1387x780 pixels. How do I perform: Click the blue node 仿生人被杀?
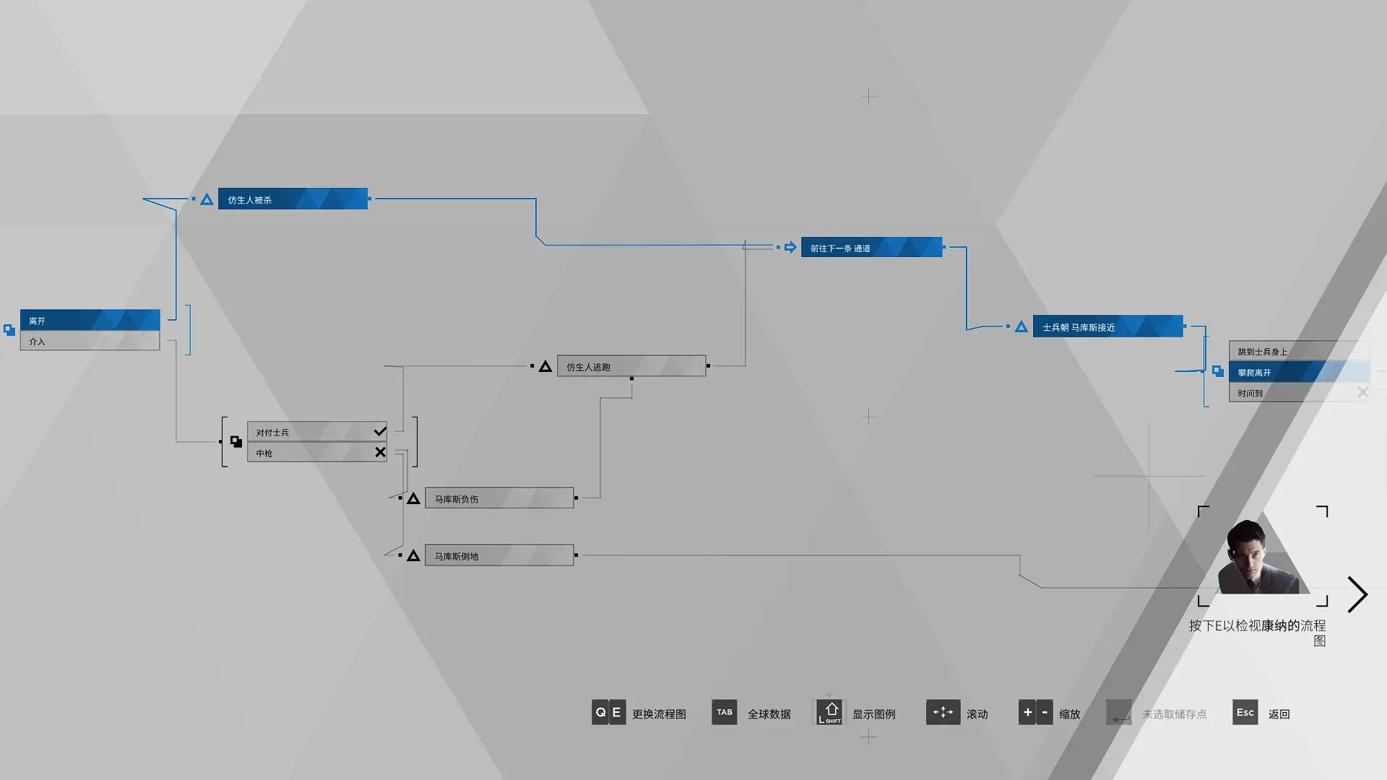(293, 199)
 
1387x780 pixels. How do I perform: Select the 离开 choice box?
(90, 320)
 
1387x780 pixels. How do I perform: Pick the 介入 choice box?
(90, 341)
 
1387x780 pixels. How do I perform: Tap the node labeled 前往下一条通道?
(872, 247)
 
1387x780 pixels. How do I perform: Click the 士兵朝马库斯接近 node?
(1108, 326)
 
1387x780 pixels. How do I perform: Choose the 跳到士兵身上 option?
(1299, 351)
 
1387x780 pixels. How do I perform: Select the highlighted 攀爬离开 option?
(1299, 372)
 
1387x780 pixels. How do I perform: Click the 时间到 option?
(1299, 393)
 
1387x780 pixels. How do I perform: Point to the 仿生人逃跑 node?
(631, 366)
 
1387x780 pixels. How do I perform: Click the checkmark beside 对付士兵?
(380, 431)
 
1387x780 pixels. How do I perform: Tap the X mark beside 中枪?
(380, 452)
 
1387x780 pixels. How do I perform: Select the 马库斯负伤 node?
(499, 498)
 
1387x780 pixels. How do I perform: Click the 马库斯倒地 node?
(499, 555)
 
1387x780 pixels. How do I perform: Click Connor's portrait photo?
(1263, 556)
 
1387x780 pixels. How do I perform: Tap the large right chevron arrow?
(1357, 594)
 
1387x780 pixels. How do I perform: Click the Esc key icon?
(1245, 712)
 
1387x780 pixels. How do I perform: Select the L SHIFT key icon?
(829, 712)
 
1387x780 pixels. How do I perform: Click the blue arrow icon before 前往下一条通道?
(790, 247)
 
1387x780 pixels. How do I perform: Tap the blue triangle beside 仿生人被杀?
(207, 199)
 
